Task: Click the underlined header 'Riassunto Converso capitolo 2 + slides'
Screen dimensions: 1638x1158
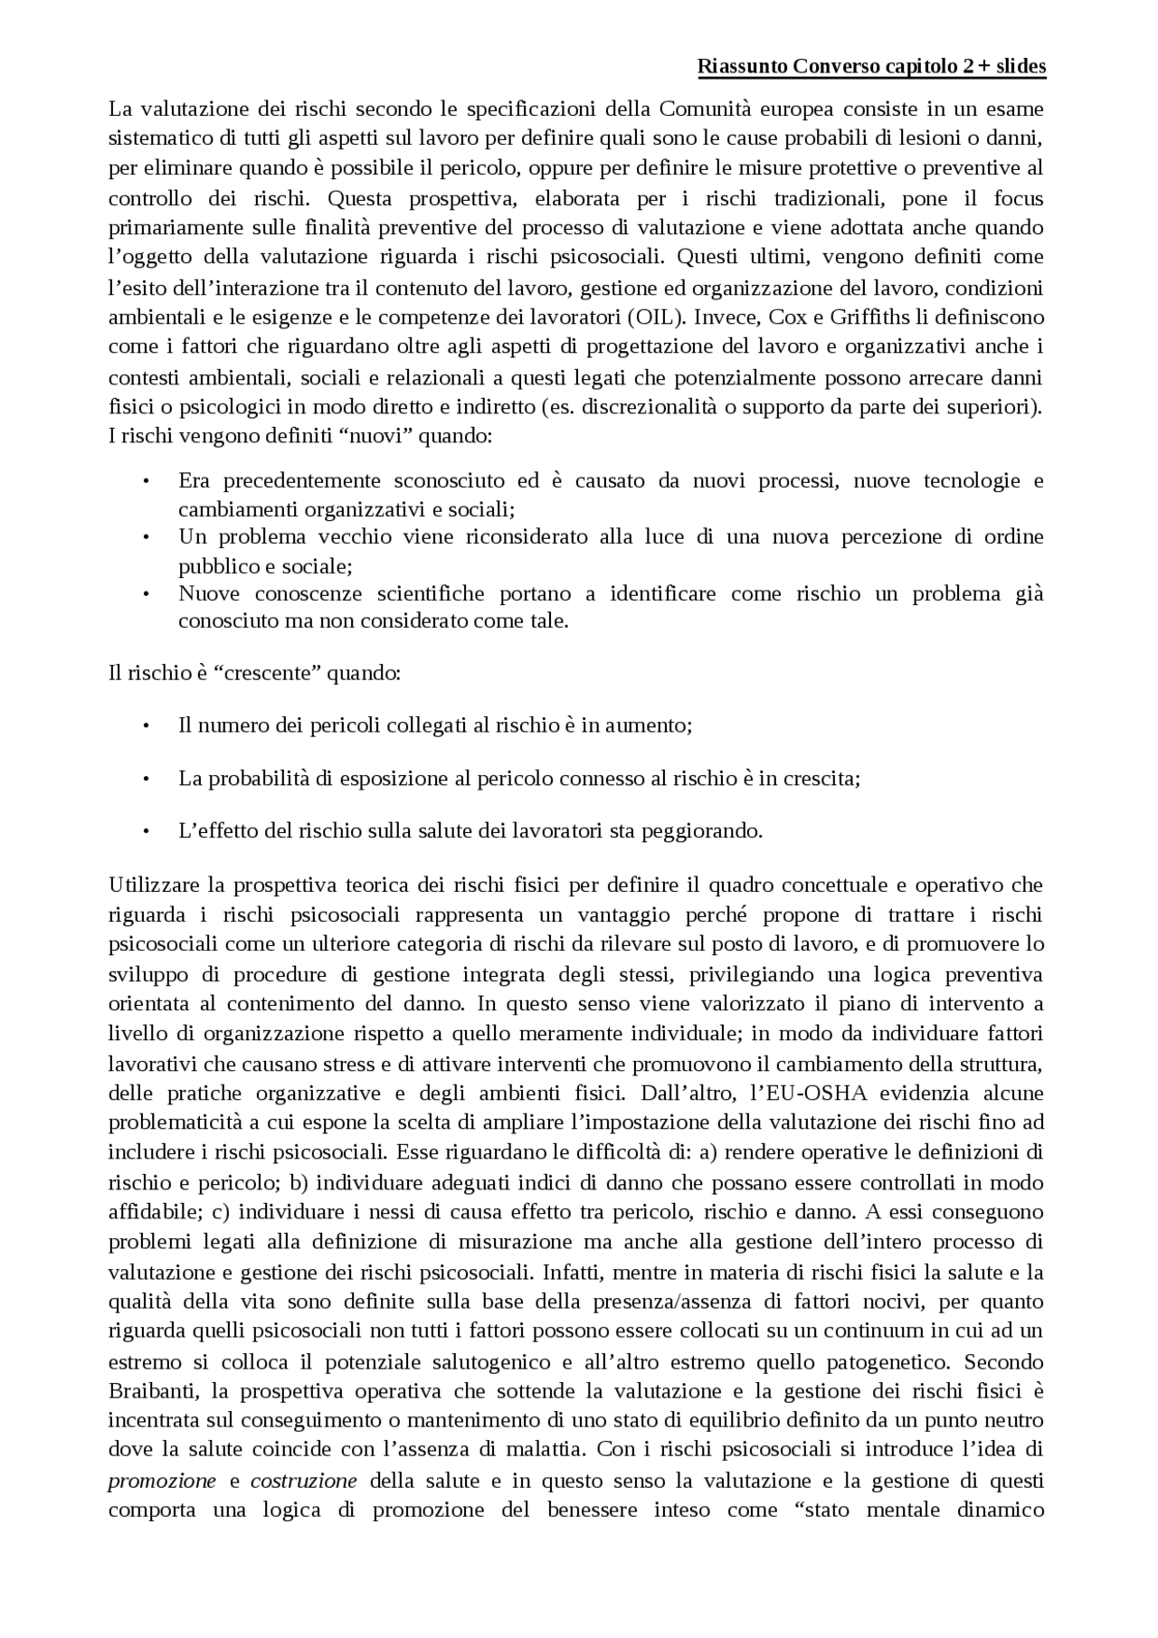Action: coord(872,67)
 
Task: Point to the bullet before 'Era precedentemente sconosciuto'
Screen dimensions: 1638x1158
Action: coord(145,481)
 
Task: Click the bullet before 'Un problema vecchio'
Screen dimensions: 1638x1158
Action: coord(145,537)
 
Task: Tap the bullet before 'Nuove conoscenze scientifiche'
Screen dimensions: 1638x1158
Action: coord(145,594)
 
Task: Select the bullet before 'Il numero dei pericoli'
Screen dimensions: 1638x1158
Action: coord(145,725)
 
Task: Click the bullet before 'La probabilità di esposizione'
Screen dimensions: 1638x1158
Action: coord(145,778)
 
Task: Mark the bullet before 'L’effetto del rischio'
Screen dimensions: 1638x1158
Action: coord(145,830)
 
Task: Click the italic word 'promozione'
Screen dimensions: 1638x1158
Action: coord(162,1481)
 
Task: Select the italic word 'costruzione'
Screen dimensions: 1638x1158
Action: coord(303,1481)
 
